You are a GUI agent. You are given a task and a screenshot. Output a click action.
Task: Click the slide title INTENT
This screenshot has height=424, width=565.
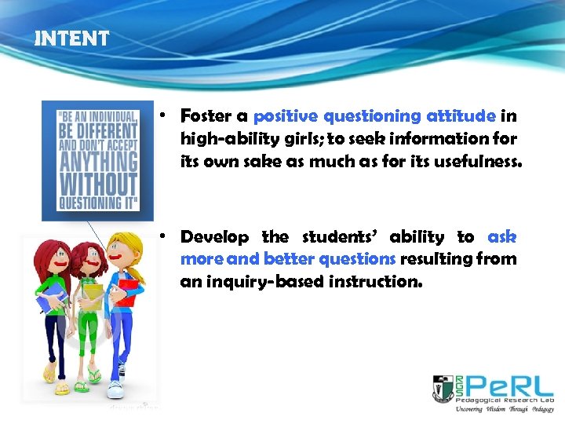click(x=71, y=38)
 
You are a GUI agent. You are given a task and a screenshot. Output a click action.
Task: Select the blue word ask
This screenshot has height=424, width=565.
click(x=501, y=236)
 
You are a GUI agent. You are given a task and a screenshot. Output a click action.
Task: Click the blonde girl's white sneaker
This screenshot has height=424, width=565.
click(x=115, y=389)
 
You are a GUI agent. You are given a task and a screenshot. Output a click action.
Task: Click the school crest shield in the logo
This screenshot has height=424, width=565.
click(x=443, y=388)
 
